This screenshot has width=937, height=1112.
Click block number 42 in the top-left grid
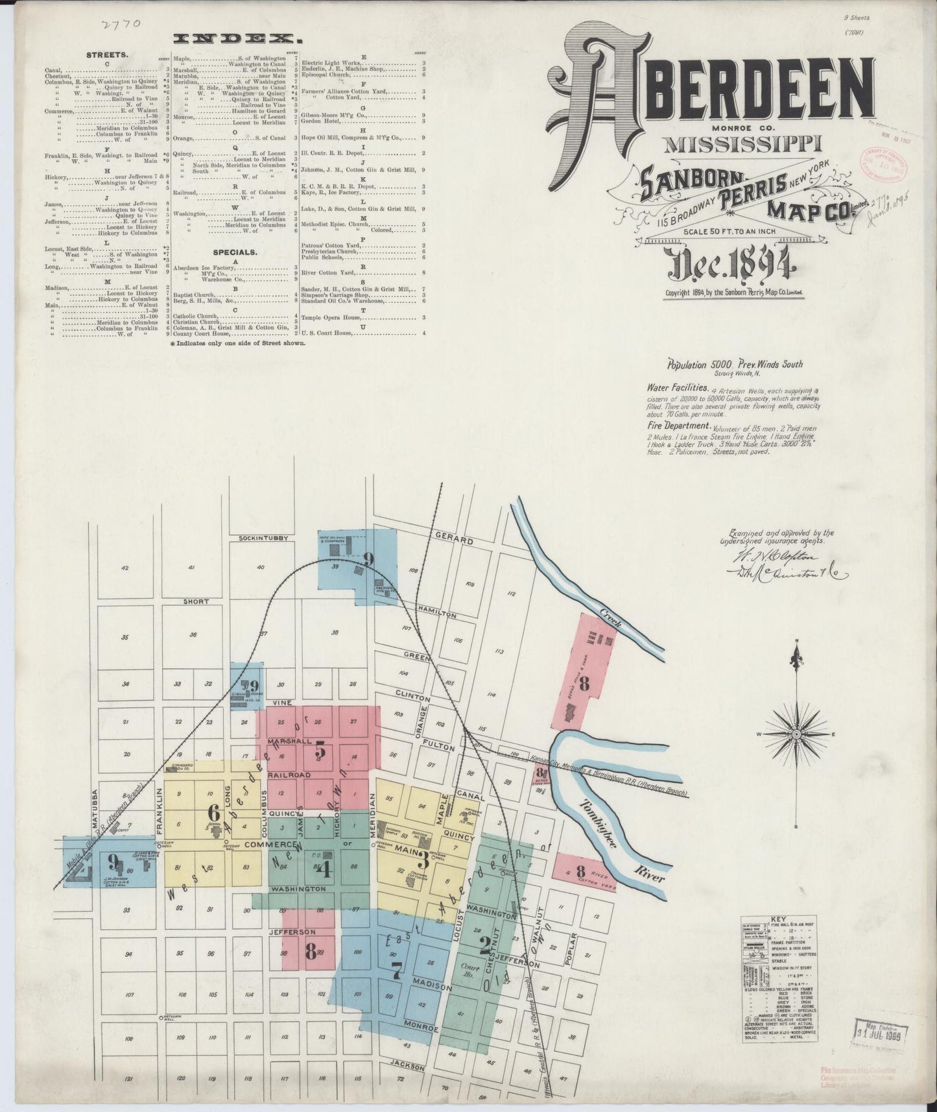click(125, 568)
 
